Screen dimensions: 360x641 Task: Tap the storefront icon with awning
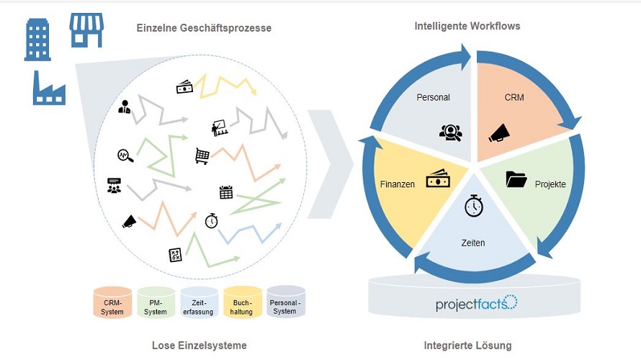pyautogui.click(x=86, y=30)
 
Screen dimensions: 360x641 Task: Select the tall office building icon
pyautogui.click(x=37, y=40)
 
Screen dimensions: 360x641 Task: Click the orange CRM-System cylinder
pyautogui.click(x=113, y=302)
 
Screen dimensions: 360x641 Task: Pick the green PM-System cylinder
pyautogui.click(x=156, y=302)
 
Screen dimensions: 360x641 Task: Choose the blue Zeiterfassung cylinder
pyautogui.click(x=199, y=302)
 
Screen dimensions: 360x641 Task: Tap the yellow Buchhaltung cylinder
pyautogui.click(x=242, y=302)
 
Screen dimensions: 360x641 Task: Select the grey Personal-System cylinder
pyautogui.click(x=285, y=302)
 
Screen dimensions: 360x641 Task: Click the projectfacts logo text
pyautogui.click(x=476, y=303)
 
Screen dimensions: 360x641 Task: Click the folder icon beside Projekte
pyautogui.click(x=516, y=179)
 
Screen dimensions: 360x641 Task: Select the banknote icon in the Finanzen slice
pyautogui.click(x=438, y=179)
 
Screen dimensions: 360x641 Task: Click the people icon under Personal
pyautogui.click(x=450, y=132)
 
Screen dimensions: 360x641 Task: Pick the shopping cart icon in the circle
pyautogui.click(x=202, y=156)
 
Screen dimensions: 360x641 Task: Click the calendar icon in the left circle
pyautogui.click(x=226, y=192)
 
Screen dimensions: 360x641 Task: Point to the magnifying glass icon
pyautogui.click(x=125, y=156)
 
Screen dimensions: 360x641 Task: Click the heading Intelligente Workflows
pyautogui.click(x=467, y=26)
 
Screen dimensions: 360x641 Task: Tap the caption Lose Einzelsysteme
pyautogui.click(x=200, y=346)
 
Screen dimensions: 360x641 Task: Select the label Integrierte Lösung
pyautogui.click(x=468, y=346)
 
